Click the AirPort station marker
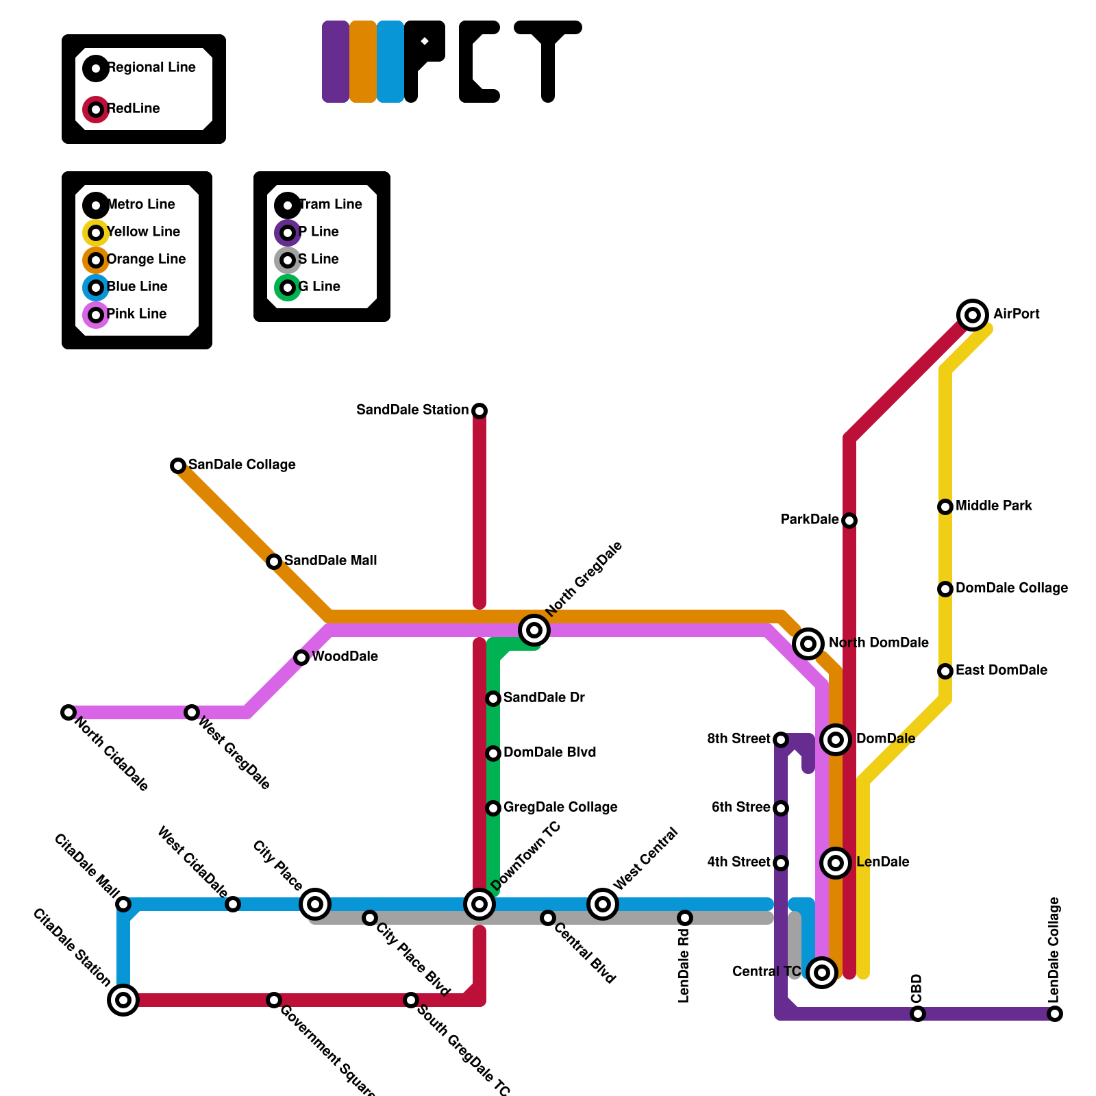click(x=973, y=315)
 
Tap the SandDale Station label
click(x=412, y=410)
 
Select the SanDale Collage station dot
click(x=178, y=466)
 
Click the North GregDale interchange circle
click(x=534, y=630)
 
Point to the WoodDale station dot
click(x=301, y=658)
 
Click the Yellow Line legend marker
click(x=96, y=233)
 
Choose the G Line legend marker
click(x=288, y=288)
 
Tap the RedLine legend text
click(x=134, y=109)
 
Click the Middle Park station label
click(x=993, y=506)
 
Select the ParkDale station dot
click(x=849, y=521)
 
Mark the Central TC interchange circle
click(x=822, y=973)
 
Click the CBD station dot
click(x=918, y=1014)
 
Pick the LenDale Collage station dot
click(x=1055, y=1014)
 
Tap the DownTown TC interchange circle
click(x=480, y=904)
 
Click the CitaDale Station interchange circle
click(x=123, y=1000)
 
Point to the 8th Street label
click(x=738, y=739)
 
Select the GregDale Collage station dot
click(x=493, y=808)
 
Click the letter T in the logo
click(x=548, y=62)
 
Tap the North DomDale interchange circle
click(x=808, y=644)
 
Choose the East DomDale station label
click(x=1001, y=671)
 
